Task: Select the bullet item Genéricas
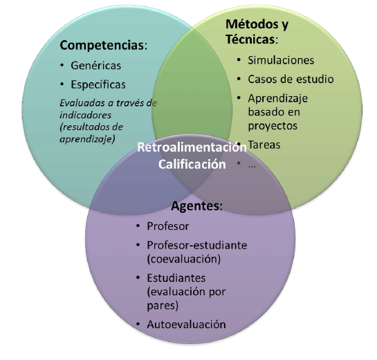tap(95, 66)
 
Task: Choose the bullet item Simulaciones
tap(281, 60)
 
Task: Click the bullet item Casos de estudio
tap(291, 79)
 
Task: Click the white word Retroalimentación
tap(191, 147)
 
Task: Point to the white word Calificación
tap(191, 164)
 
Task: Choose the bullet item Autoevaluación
tap(186, 324)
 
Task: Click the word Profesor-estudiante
tap(196, 245)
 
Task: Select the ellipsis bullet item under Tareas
tap(252, 165)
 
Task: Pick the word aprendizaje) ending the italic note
tap(87, 138)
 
